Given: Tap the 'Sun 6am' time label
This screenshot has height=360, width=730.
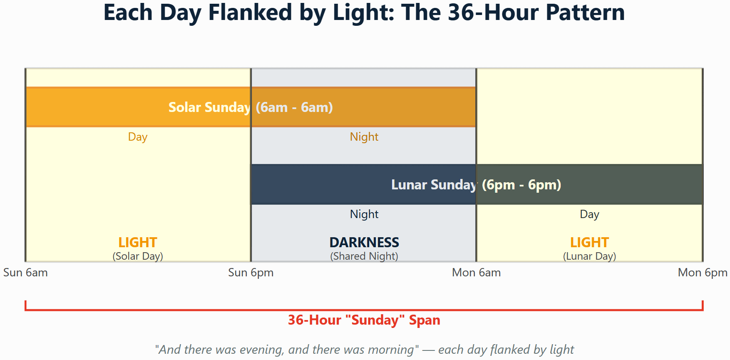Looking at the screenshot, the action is tap(25, 273).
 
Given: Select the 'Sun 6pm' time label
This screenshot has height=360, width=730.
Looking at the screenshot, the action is tap(251, 273).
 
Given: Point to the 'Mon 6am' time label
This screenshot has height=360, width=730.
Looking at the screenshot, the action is tap(477, 273).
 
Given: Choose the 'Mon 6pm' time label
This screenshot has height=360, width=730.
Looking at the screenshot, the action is tap(703, 273).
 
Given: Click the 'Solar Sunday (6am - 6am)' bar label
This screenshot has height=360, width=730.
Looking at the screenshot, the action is tap(251, 107).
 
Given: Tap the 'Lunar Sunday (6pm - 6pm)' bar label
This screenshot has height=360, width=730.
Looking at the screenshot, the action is tap(476, 185).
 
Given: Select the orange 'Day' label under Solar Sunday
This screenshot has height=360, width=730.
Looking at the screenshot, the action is tap(138, 137).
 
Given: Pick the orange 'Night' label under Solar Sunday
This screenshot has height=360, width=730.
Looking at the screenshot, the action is tap(364, 137).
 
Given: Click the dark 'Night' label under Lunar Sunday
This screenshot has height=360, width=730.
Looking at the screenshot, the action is tap(364, 214).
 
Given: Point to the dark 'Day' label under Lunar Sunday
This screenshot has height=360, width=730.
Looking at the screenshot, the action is tap(590, 214).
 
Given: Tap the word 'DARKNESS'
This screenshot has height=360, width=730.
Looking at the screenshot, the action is tap(364, 242).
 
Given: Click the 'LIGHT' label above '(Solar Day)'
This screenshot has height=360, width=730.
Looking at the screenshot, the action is tap(138, 242).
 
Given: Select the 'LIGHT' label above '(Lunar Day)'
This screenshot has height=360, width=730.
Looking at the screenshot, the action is tap(590, 242).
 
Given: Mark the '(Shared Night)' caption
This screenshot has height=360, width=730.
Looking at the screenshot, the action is tap(364, 256).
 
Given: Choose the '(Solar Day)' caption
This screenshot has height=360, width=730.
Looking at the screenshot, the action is tap(138, 256).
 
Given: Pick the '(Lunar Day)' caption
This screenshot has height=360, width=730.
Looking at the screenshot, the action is tap(590, 256).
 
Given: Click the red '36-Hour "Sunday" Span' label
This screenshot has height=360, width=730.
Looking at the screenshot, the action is tap(364, 320).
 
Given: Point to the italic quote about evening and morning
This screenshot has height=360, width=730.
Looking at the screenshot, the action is tap(364, 350).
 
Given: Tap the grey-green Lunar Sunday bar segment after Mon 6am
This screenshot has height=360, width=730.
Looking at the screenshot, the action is tap(589, 184).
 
